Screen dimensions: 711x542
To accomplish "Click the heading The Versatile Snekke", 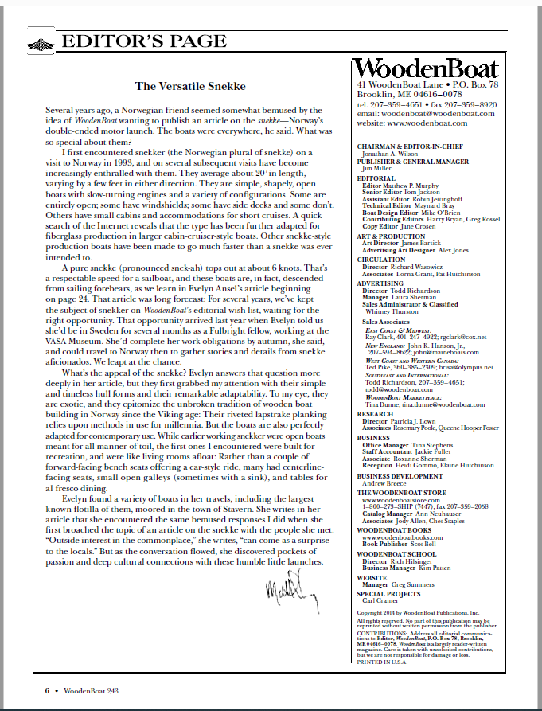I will pyautogui.click(x=190, y=85).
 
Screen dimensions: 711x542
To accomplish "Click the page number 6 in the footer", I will pyautogui.click(x=47, y=690).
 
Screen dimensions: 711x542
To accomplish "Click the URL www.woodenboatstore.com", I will pyautogui.click(x=403, y=500).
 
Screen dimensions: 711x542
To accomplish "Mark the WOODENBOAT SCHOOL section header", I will pyautogui.click(x=396, y=553).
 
